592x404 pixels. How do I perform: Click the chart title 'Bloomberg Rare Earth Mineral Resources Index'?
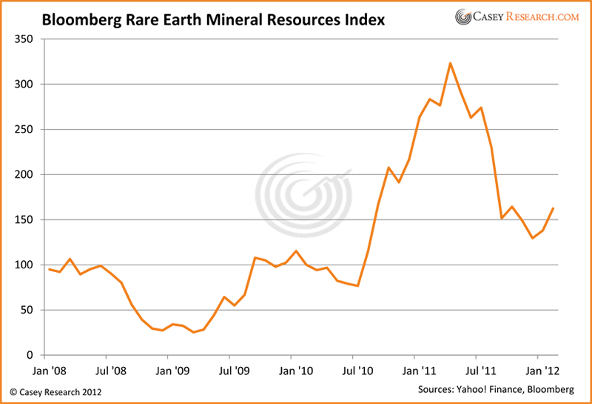pos(213,20)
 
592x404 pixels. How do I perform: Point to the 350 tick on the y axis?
pos(25,39)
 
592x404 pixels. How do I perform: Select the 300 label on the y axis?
pos(25,84)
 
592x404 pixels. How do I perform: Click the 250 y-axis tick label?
pos(25,129)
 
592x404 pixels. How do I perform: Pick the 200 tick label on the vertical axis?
pos(25,174)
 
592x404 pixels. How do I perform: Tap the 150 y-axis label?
pos(25,219)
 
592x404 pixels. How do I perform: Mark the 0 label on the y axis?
pos(31,355)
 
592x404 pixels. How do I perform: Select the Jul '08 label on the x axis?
pos(113,368)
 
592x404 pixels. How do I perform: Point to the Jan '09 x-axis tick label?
pos(176,368)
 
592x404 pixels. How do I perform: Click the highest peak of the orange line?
pos(450,63)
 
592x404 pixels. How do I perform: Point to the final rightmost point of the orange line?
pos(554,208)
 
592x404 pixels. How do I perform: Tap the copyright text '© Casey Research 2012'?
pos(55,391)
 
